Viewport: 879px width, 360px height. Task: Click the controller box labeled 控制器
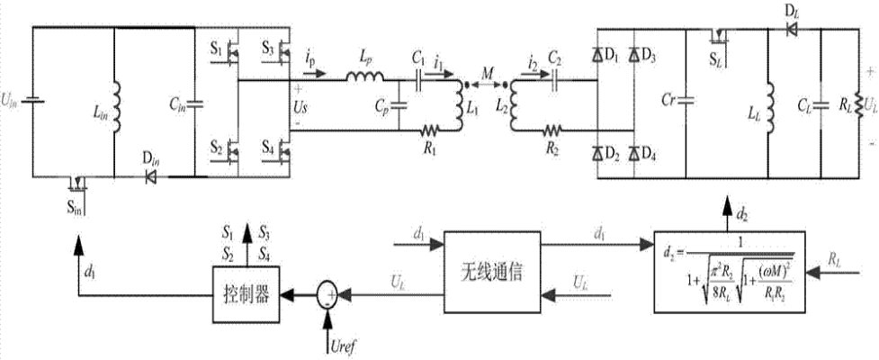[243, 293]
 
